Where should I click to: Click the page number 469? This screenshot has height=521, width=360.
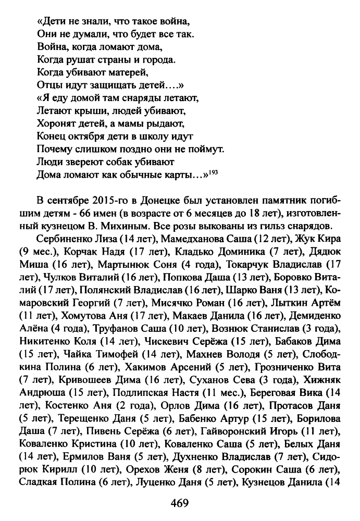coord(180,504)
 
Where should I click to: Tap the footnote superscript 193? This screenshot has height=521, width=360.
coord(214,171)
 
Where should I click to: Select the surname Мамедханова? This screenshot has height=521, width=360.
coord(191,239)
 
